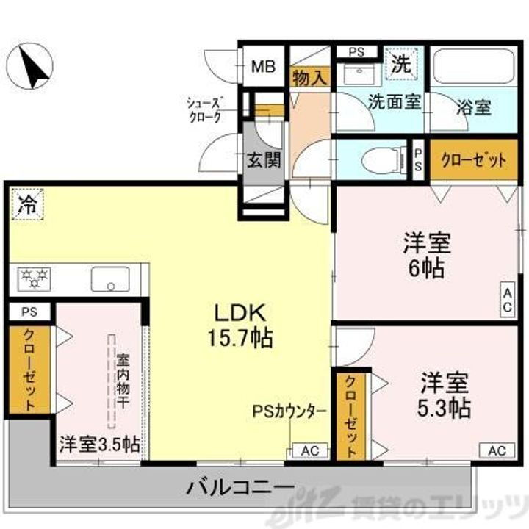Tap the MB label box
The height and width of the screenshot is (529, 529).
[x=262, y=68]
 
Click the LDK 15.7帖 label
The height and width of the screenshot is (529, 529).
[x=243, y=325]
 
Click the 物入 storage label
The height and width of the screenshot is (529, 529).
[x=309, y=76]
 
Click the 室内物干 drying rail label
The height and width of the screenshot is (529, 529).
[x=123, y=383]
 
